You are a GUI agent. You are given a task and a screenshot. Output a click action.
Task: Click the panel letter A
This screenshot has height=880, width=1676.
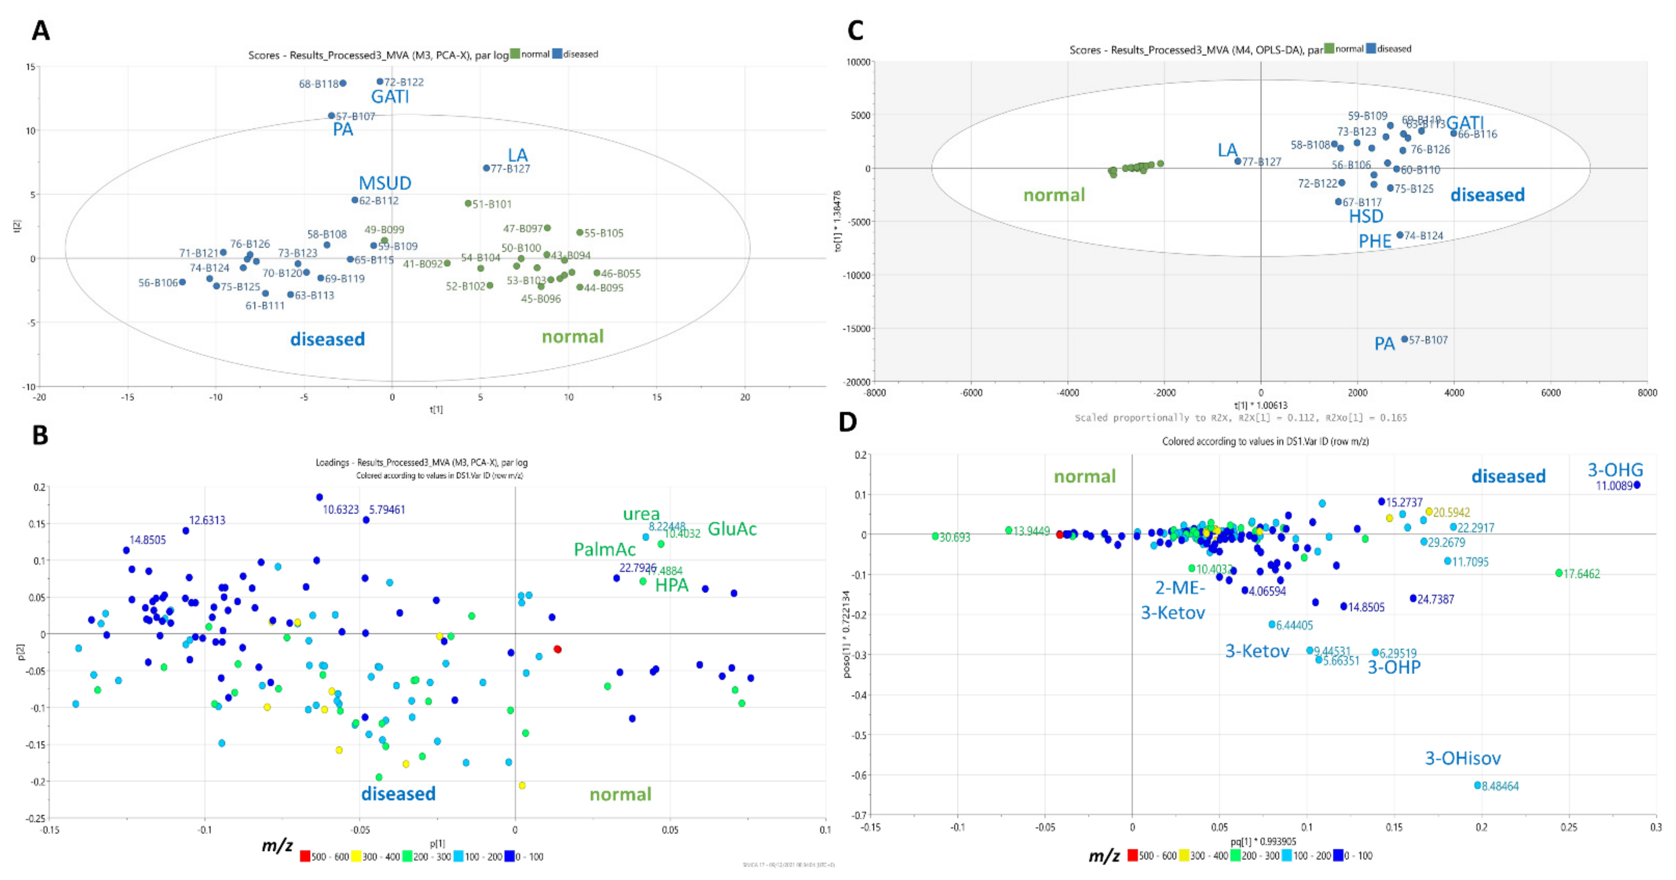click(41, 31)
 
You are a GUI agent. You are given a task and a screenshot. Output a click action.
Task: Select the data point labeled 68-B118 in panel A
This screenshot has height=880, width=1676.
click(343, 83)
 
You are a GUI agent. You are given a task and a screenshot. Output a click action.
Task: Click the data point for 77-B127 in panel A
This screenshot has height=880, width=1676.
click(486, 168)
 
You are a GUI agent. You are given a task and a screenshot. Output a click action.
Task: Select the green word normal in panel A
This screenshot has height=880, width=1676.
click(573, 337)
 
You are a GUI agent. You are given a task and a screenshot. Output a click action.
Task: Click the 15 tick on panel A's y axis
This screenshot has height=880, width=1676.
click(30, 67)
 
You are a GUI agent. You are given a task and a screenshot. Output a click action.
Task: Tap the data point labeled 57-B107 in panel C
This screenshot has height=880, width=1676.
click(1405, 339)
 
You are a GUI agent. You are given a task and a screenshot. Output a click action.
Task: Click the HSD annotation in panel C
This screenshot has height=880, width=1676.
click(1366, 216)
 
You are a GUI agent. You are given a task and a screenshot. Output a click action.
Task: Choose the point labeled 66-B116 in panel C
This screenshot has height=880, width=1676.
click(1454, 133)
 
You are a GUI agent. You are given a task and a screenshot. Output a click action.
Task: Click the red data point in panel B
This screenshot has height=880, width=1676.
click(557, 649)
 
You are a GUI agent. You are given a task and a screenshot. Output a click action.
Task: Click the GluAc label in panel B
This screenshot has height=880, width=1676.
click(732, 529)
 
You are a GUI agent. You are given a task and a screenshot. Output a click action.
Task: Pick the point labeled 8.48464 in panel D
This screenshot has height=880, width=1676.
click(1478, 785)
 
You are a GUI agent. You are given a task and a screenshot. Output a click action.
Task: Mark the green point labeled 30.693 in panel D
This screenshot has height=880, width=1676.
click(935, 536)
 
